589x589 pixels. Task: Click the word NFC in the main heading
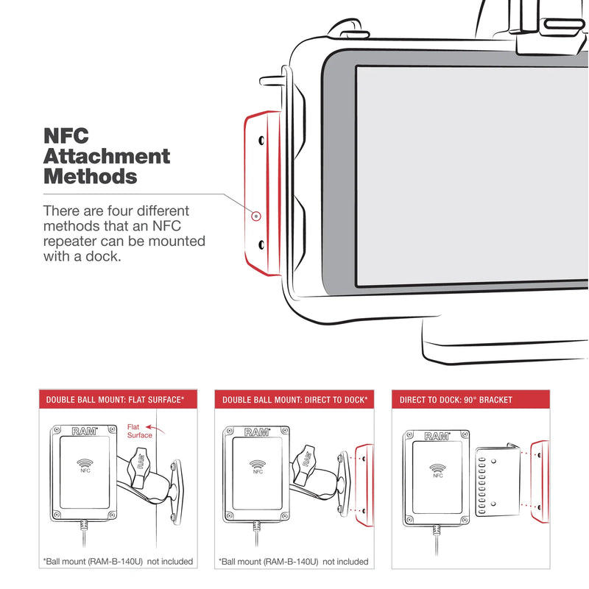66,137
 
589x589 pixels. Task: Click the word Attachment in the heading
107,157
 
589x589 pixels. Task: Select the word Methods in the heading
91,177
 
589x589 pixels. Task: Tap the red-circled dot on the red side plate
255,216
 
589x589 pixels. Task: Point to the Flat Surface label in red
140,431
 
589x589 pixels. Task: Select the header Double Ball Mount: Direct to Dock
294,400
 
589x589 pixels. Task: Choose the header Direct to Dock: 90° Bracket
456,400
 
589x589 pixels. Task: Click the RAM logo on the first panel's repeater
80,431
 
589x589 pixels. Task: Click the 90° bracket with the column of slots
498,479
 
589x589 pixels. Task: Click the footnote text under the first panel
118,562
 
